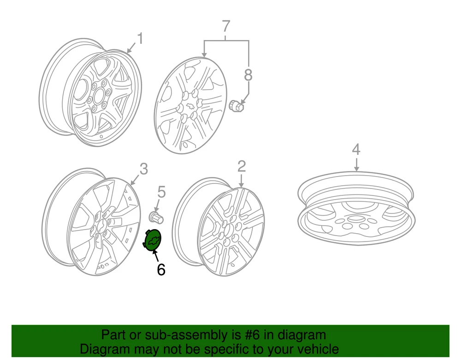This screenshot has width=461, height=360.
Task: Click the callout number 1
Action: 139,38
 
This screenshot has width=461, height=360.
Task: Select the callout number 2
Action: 242,166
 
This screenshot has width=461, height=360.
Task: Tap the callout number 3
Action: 144,169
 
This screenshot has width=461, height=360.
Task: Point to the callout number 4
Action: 356,149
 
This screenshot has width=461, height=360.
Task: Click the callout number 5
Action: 160,191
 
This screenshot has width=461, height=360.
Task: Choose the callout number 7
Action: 226,27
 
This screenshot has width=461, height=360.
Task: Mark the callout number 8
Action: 248,75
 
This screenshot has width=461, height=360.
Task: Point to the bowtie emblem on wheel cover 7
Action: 191,107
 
